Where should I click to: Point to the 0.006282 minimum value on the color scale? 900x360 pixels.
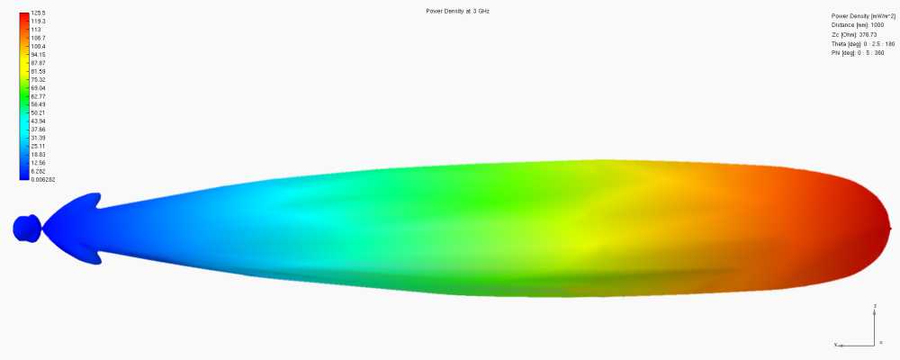(43, 178)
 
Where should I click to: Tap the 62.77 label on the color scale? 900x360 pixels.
(40, 96)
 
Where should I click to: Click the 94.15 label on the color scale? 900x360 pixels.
(40, 55)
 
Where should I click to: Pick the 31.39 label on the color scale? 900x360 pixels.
(40, 137)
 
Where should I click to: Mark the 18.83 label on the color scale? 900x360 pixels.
(40, 154)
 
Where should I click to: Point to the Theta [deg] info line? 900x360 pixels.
(862, 43)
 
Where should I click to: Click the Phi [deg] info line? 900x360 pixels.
(857, 52)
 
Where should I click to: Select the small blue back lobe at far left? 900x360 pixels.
(25, 228)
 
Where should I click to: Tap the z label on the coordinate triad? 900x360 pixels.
(875, 307)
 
